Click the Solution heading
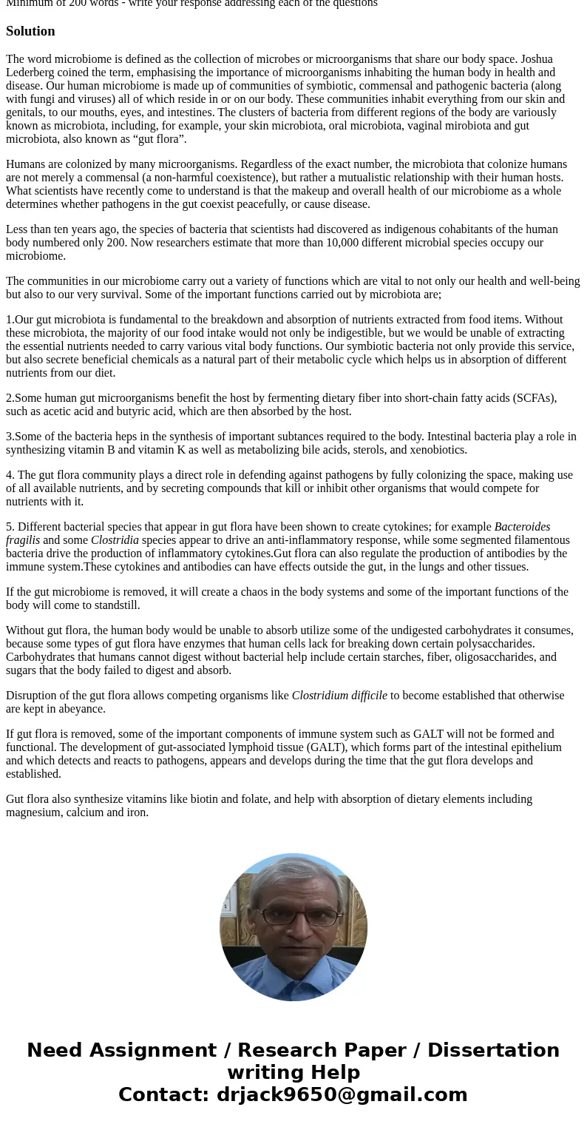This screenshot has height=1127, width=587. tap(30, 31)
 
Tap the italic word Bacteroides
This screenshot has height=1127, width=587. tap(522, 527)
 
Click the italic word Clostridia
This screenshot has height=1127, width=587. tap(115, 540)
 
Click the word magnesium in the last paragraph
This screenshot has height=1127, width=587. tap(34, 813)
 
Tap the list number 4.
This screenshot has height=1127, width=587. tap(10, 475)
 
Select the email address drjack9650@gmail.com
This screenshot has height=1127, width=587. tap(342, 1095)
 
